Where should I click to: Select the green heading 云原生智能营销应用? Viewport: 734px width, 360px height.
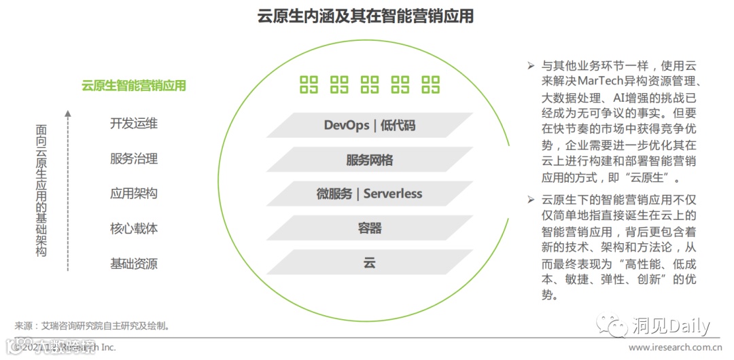click(x=134, y=86)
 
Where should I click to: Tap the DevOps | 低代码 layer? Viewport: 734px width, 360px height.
click(x=369, y=125)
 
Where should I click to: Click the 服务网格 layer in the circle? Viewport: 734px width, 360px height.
click(x=369, y=160)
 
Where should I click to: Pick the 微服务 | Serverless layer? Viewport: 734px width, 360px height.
click(x=369, y=194)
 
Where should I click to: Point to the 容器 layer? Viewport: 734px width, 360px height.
click(x=369, y=228)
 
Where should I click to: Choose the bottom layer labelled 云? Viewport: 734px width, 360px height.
click(x=369, y=263)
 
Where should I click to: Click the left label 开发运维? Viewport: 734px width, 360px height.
click(x=134, y=124)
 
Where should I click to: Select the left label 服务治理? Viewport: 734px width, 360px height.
click(x=134, y=159)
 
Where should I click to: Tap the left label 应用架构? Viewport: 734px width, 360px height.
click(x=134, y=194)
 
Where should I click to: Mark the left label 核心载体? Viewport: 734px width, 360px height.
click(x=134, y=228)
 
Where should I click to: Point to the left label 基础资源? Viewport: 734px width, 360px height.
click(x=134, y=264)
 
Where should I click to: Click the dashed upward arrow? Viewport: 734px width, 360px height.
click(x=68, y=190)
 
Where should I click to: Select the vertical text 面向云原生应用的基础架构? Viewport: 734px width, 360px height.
click(x=41, y=190)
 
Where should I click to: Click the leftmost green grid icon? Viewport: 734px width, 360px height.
click(x=309, y=85)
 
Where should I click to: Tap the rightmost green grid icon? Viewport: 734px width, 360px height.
click(x=431, y=85)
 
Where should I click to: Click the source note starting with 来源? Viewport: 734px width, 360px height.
click(x=92, y=326)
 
